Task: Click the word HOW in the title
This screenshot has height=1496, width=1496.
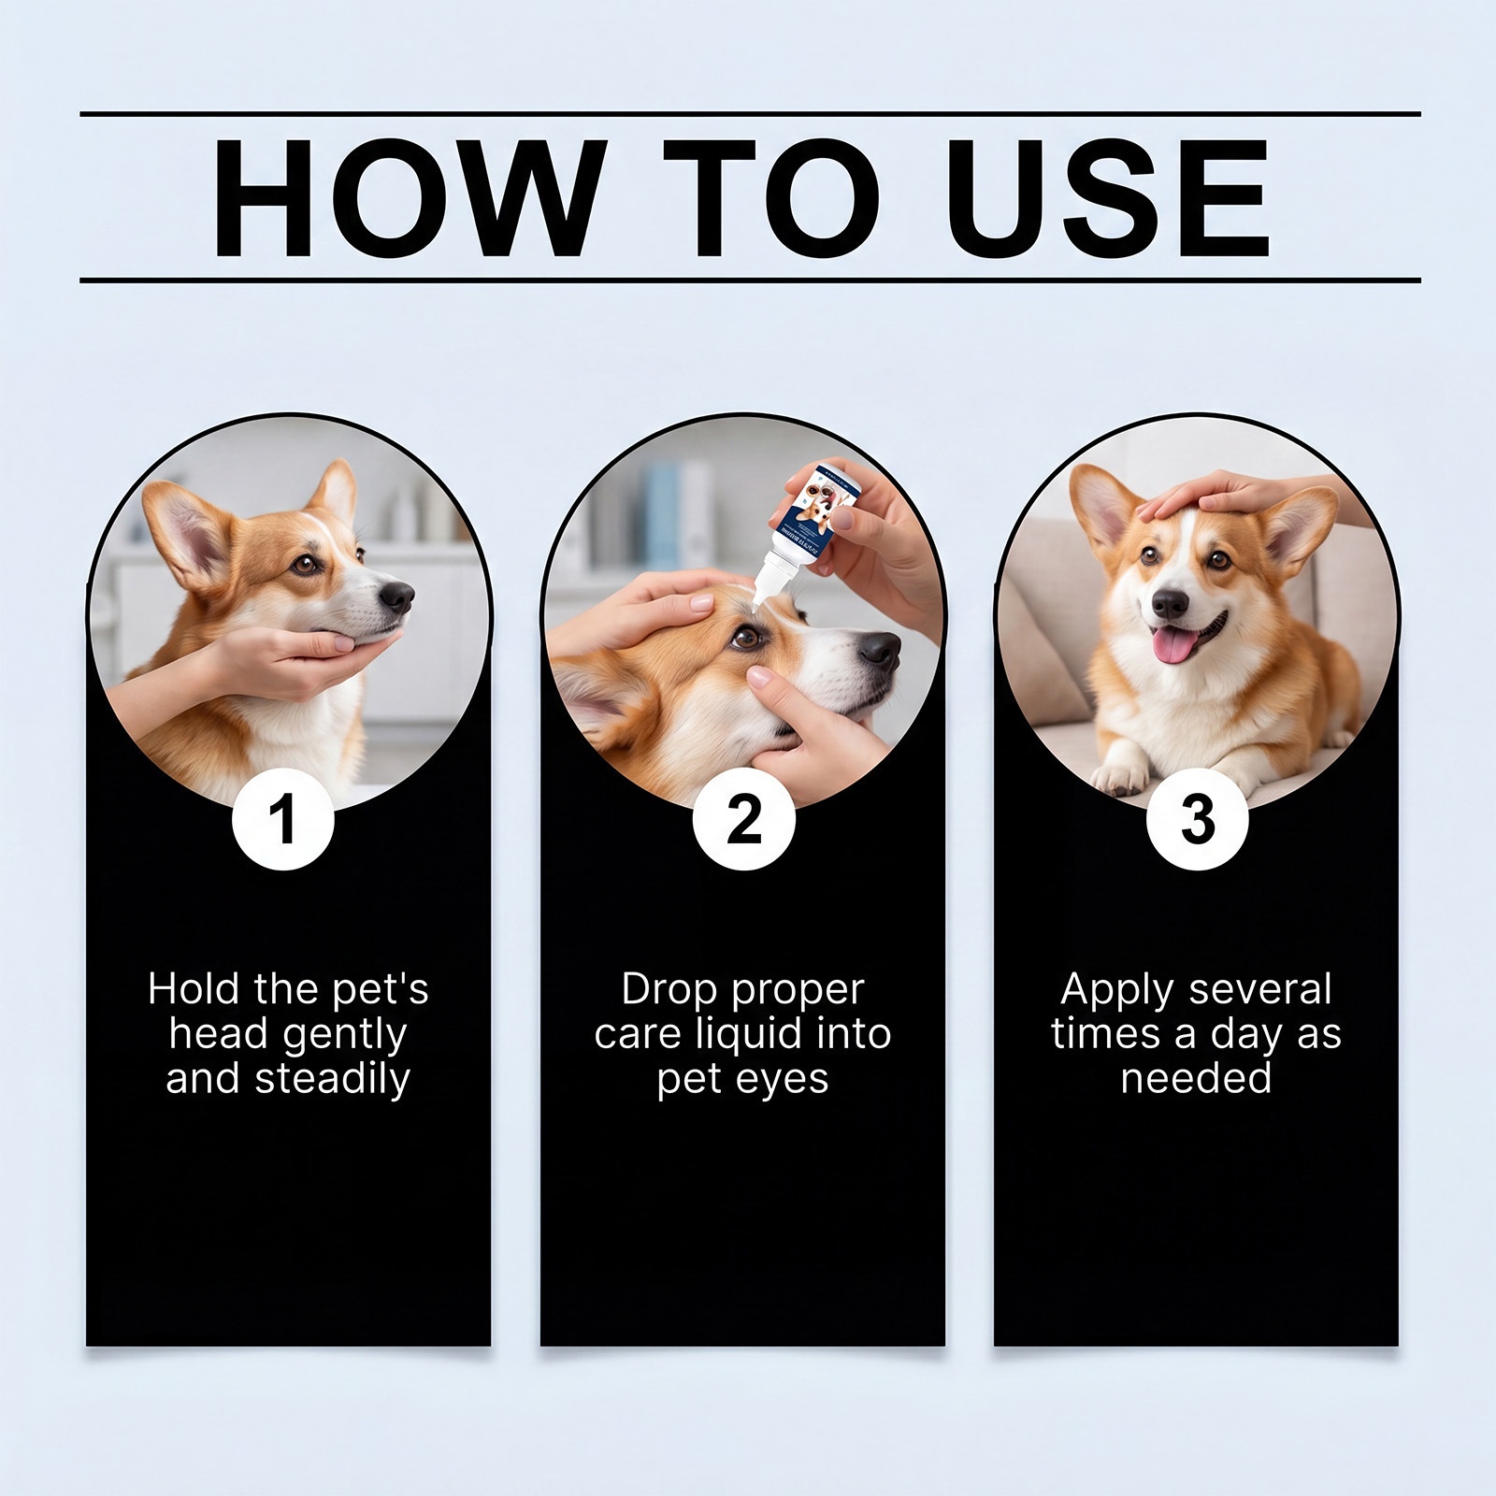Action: tap(404, 200)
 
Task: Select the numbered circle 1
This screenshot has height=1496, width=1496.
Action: tap(282, 820)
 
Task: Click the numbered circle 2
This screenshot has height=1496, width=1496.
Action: tap(744, 820)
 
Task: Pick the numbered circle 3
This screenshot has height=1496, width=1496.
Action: tap(1197, 820)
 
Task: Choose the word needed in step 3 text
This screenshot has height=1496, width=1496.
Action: tap(1196, 1079)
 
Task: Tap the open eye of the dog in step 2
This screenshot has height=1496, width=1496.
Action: tap(746, 638)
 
